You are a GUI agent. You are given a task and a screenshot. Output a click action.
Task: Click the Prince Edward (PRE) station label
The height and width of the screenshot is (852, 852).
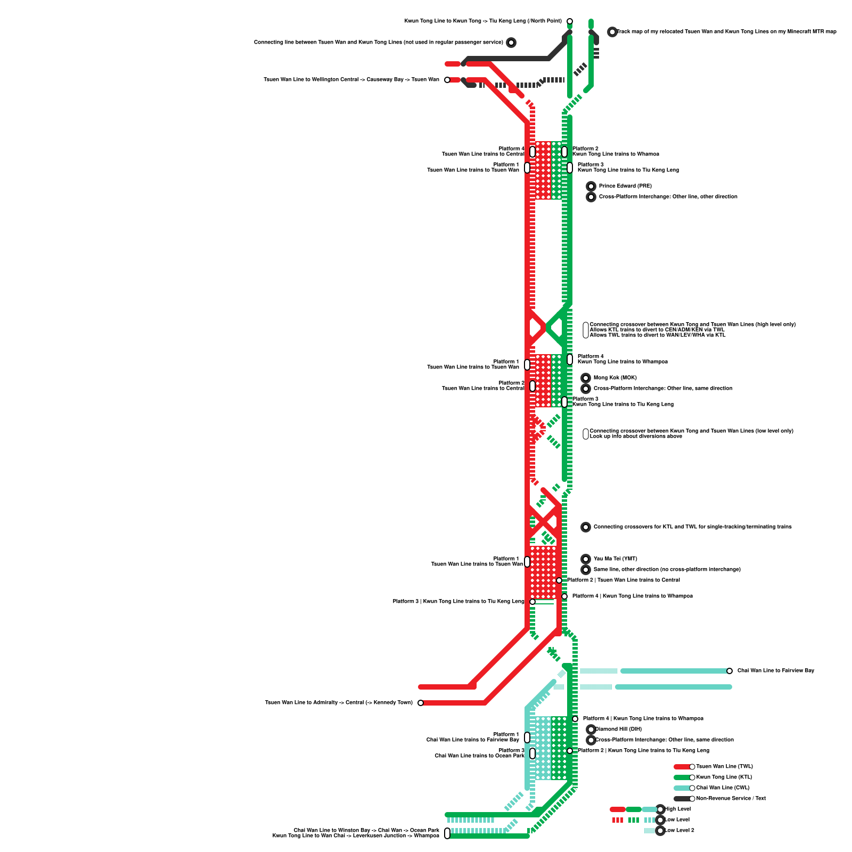(625, 186)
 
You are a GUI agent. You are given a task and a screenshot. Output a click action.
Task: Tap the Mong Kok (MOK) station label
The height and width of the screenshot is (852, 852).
(615, 378)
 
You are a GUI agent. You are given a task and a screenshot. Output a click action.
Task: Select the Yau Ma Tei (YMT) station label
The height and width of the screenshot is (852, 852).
(615, 559)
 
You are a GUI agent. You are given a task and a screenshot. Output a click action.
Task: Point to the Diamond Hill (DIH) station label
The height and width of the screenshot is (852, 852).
(618, 730)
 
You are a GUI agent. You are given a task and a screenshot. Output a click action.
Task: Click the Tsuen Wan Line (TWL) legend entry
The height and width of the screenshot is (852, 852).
(724, 767)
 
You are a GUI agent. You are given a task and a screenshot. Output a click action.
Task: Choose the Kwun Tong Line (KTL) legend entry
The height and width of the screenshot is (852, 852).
(724, 777)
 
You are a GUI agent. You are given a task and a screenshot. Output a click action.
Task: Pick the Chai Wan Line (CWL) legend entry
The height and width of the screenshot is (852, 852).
(723, 788)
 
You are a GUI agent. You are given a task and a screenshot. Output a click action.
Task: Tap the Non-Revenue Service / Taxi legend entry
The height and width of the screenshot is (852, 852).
(731, 799)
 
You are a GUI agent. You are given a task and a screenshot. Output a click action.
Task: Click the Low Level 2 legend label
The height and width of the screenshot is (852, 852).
(679, 831)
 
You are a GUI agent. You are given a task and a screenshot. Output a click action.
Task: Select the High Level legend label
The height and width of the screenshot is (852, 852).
(677, 809)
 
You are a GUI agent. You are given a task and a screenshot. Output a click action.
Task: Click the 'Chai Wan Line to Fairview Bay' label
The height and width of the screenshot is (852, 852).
(775, 671)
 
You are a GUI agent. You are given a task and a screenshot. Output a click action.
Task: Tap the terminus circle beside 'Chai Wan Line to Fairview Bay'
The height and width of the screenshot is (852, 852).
(730, 671)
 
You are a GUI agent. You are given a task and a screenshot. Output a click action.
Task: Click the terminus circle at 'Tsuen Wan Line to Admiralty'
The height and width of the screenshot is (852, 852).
(421, 703)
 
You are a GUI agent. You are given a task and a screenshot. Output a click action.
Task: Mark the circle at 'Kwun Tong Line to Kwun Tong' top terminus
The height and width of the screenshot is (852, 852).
(570, 21)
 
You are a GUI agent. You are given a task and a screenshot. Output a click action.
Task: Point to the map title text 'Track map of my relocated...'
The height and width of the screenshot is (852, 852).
(726, 32)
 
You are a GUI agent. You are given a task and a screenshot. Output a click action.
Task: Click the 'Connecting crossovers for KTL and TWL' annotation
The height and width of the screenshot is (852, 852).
(692, 527)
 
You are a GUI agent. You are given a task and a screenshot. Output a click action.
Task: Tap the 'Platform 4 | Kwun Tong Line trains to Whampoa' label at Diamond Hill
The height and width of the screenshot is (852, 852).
(643, 719)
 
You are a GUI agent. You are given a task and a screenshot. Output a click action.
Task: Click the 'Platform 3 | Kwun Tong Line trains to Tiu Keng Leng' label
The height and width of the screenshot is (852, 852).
(458, 602)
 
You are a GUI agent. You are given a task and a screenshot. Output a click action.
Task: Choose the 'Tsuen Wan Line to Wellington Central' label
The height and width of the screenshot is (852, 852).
(351, 80)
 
